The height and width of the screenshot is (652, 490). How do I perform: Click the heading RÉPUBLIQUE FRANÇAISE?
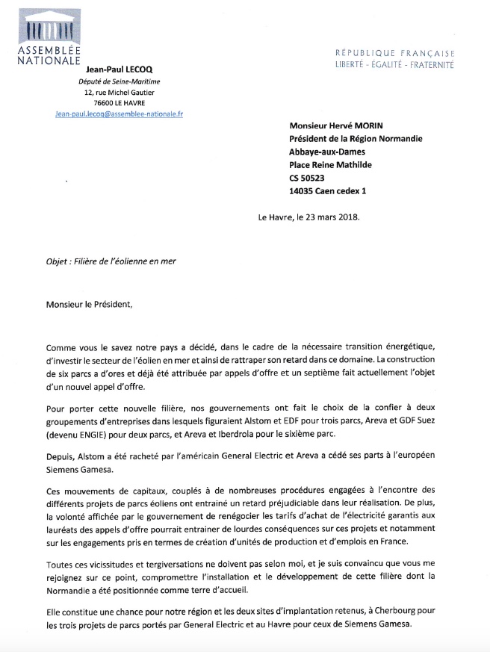click(395, 53)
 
